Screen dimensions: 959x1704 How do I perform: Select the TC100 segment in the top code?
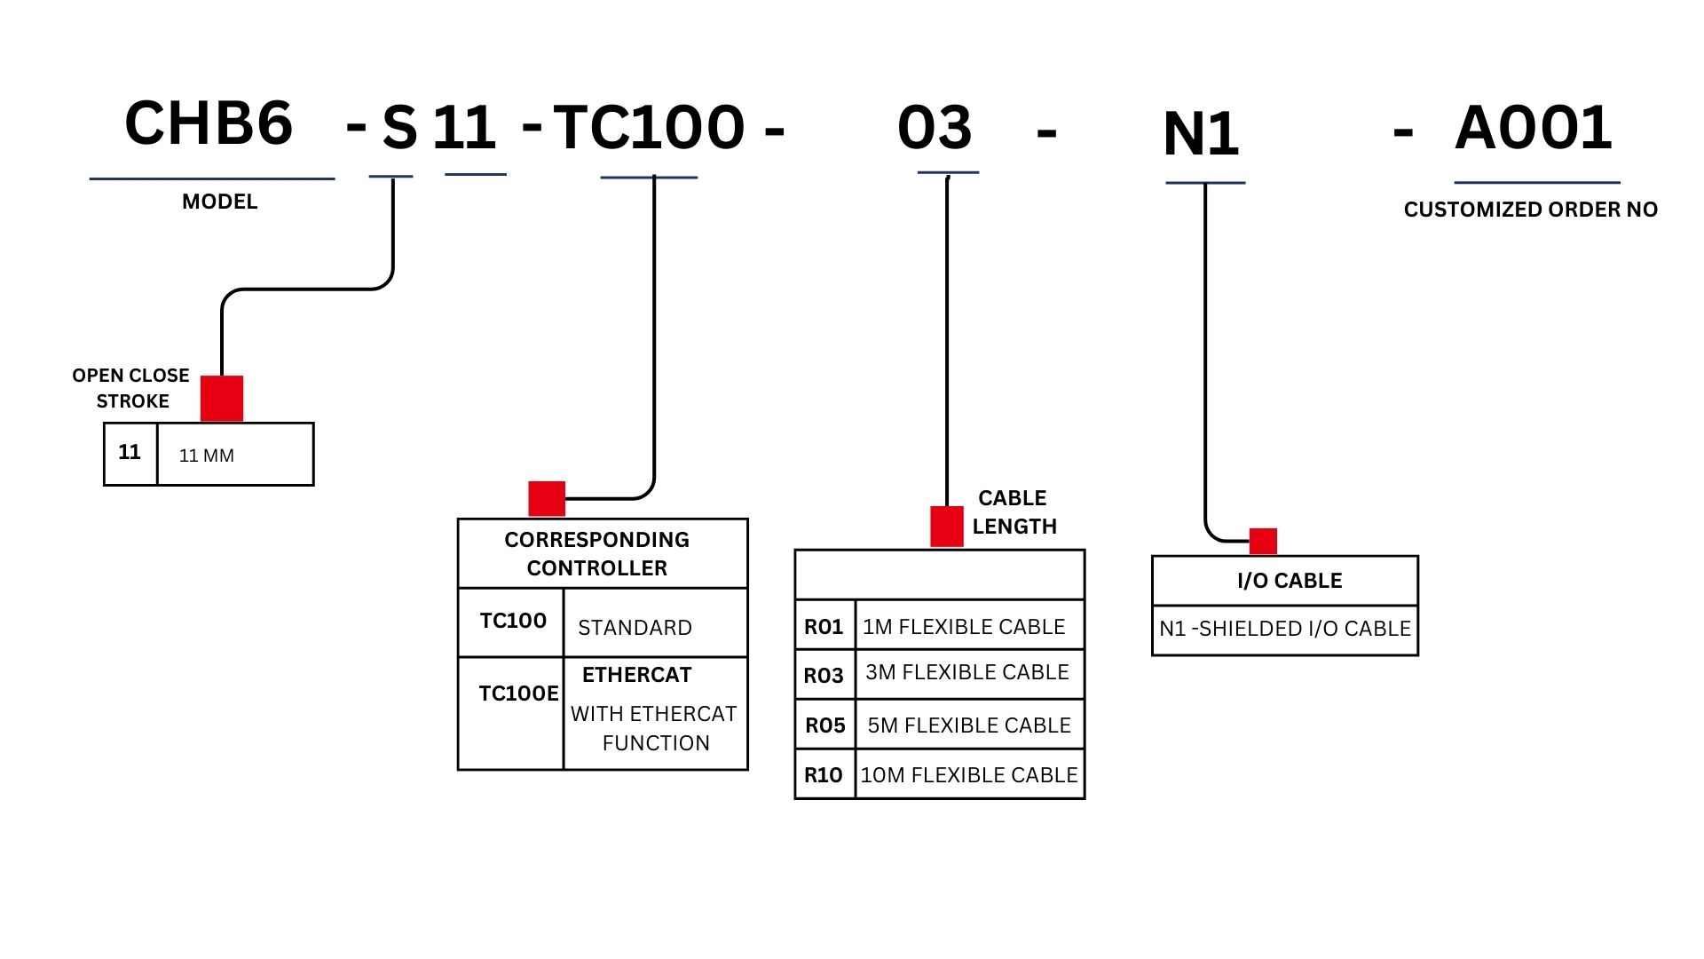pos(649,128)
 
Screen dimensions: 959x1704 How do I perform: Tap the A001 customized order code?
pos(1533,128)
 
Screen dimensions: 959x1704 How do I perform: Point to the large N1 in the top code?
pos(1200,135)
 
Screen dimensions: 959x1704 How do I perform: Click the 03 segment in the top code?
pos(935,128)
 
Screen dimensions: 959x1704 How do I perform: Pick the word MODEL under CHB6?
pos(219,202)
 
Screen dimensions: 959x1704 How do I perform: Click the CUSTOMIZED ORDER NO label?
pos(1530,210)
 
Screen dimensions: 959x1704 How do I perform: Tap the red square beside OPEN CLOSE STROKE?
pos(222,398)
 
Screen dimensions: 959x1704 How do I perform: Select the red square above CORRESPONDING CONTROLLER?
pos(547,498)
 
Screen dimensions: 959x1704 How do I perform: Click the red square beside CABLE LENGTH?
pos(946,526)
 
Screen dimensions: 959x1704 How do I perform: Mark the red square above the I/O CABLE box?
pos(1263,541)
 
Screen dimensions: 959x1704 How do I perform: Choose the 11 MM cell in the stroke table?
pos(235,455)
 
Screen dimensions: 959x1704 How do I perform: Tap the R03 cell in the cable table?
pos(824,676)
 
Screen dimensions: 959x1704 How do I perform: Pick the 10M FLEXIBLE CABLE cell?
pos(969,775)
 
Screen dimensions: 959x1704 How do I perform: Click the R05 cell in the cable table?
pos(824,725)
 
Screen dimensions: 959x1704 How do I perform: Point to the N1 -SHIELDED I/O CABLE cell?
pos(1284,629)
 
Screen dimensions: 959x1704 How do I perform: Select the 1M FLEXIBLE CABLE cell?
pos(968,626)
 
